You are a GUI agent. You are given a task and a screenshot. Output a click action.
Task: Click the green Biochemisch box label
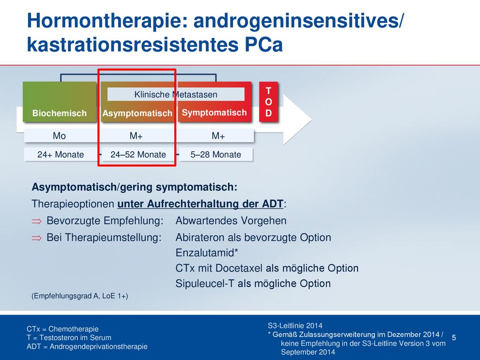pos(60,113)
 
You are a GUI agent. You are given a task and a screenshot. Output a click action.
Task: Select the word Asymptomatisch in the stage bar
pos(137,113)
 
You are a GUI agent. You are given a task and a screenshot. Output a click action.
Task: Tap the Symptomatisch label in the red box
pos(214,112)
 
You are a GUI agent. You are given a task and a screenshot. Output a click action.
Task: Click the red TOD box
pos(269,102)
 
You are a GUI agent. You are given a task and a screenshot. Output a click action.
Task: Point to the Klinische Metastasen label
pos(176,94)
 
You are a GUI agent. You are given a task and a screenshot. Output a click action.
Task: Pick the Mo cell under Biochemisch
pos(60,135)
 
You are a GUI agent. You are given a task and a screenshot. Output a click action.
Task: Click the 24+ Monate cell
pos(60,155)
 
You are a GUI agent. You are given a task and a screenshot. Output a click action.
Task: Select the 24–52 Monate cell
pos(138,155)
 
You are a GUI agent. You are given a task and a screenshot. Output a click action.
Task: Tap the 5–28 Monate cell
pos(216,155)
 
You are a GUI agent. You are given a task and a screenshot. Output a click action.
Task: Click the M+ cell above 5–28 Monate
pos(218,135)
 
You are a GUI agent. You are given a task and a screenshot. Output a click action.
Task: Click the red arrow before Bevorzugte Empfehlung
pos(37,221)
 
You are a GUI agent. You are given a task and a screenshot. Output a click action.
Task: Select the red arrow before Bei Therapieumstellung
pos(37,238)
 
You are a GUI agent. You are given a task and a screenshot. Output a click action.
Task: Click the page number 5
pos(454,337)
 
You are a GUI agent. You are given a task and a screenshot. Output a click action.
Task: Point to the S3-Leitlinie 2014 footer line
pos(295,326)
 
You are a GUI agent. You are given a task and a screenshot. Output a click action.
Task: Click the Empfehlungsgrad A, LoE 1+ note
pos(80,296)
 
